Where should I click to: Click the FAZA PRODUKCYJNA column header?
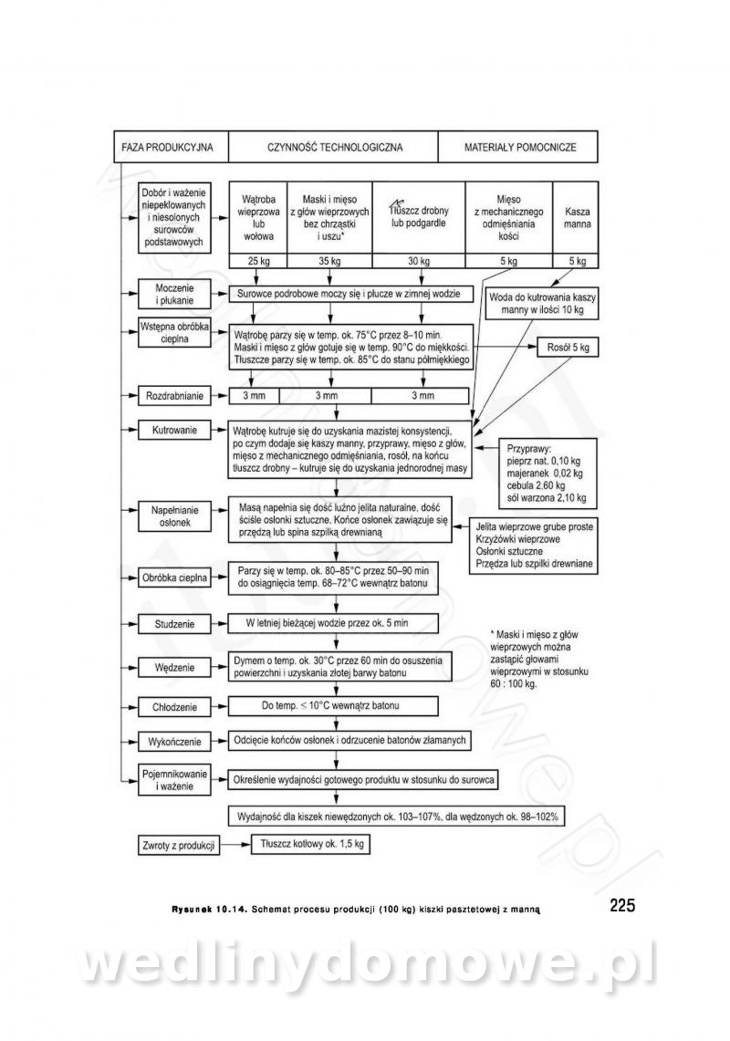tap(167, 146)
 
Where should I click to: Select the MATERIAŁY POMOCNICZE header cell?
tap(519, 146)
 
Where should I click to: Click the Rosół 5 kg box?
tap(568, 348)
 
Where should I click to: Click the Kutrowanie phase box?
tap(173, 427)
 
